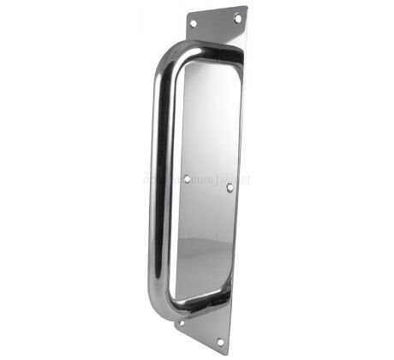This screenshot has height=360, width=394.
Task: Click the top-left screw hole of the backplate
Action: [x=194, y=23]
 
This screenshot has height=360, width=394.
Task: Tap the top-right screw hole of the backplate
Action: [x=238, y=17]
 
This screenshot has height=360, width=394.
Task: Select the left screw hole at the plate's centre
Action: [x=187, y=178]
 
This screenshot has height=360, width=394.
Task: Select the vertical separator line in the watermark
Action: [x=220, y=180]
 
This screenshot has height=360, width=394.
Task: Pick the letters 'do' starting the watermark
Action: [x=147, y=180]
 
